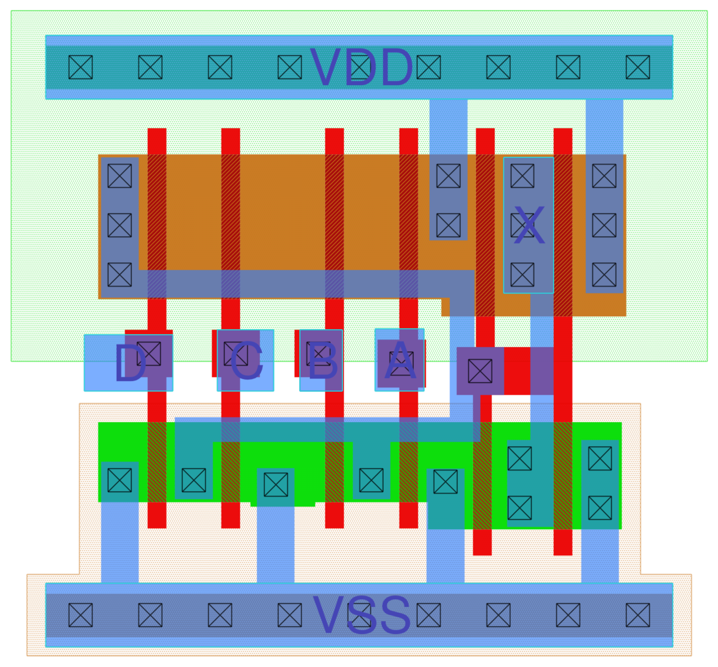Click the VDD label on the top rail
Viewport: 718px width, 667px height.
click(x=361, y=68)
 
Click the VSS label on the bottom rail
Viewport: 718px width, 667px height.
click(x=361, y=615)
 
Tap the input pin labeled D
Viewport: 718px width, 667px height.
click(x=129, y=363)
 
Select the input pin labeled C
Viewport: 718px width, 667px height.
click(x=245, y=361)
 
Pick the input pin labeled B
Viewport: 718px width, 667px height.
click(x=321, y=361)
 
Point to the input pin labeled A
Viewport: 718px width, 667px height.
click(x=400, y=361)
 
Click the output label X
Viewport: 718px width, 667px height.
click(x=529, y=226)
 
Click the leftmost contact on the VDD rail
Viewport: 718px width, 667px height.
click(x=81, y=67)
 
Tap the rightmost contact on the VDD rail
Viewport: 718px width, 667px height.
click(x=638, y=67)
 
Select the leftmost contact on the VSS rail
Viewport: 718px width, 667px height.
click(x=81, y=615)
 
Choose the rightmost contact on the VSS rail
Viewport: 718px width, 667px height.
click(x=638, y=615)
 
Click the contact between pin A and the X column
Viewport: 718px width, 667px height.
click(x=480, y=371)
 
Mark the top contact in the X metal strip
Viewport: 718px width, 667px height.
click(x=523, y=176)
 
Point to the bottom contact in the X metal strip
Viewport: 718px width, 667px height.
click(x=523, y=275)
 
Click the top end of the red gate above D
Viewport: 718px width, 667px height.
click(x=157, y=133)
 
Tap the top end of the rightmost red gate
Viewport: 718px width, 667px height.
click(x=563, y=133)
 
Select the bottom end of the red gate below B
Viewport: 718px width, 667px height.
click(x=334, y=524)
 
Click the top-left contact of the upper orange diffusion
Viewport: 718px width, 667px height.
click(x=120, y=176)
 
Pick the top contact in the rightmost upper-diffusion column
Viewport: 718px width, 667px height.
click(x=604, y=176)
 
